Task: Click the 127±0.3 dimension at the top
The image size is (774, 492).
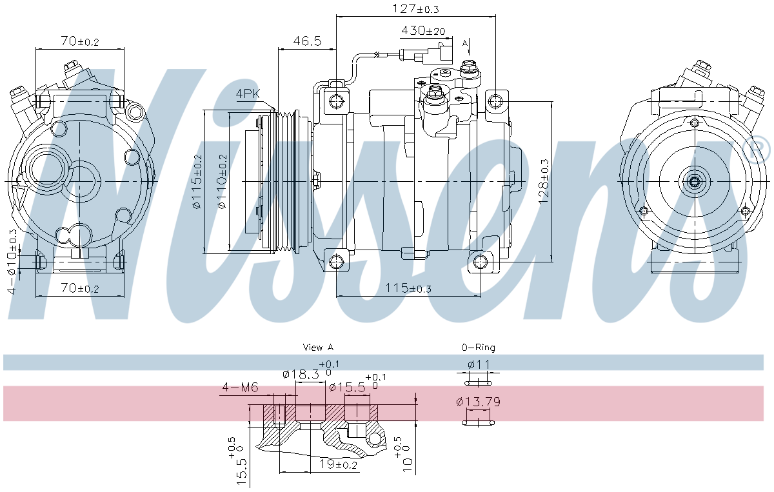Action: point(415,9)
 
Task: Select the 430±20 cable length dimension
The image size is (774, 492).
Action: point(423,30)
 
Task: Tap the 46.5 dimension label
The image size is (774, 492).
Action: point(307,41)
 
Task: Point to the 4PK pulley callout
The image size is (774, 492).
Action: point(247,94)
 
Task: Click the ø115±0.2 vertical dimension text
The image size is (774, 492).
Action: point(199,182)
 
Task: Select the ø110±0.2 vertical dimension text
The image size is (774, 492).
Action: point(223,182)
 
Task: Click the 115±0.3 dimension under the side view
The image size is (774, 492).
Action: point(409,288)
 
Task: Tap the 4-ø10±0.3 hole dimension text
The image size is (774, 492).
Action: point(12,261)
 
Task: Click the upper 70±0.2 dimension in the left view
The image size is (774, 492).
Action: point(79,42)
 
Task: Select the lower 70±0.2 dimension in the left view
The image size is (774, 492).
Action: point(79,288)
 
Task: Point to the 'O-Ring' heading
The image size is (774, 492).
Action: point(478,348)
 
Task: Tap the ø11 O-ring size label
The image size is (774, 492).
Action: point(479,364)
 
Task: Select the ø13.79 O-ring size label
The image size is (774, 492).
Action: point(478,402)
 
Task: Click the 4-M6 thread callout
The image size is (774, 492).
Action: point(240,388)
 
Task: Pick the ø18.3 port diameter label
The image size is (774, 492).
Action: point(301,375)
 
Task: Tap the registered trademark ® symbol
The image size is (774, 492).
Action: point(758,150)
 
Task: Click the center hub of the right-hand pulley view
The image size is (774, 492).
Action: point(694,182)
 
